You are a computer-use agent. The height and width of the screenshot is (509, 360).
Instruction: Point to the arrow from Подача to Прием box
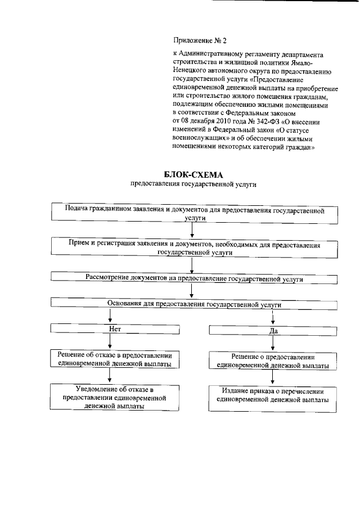click(x=192, y=230)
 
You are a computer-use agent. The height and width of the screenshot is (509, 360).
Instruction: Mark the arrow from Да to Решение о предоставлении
click(x=273, y=344)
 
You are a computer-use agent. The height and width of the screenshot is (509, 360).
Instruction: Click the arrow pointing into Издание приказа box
click(x=273, y=378)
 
